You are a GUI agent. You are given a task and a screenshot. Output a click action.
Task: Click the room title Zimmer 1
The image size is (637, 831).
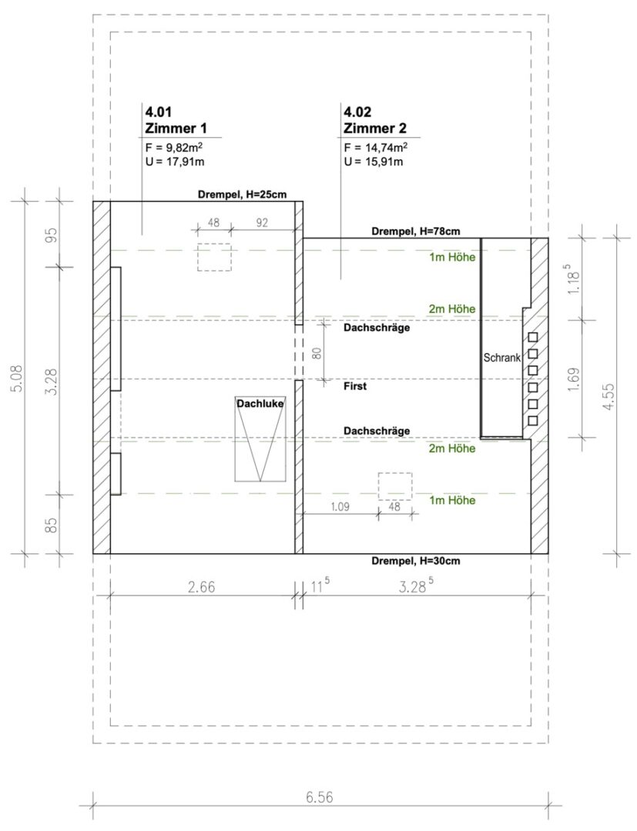[176, 128]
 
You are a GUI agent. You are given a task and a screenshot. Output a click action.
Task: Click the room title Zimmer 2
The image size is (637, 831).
[375, 128]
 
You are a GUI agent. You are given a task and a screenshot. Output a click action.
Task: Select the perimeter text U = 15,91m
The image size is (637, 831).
[373, 162]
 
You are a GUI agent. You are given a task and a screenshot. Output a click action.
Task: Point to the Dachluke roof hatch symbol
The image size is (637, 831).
[260, 439]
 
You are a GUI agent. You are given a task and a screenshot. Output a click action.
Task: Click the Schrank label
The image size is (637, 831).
[501, 358]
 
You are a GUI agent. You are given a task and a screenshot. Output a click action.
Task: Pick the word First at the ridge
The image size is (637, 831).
[355, 386]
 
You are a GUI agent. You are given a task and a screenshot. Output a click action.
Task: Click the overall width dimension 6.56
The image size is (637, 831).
[320, 797]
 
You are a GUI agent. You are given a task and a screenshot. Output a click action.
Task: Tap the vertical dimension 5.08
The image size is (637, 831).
[18, 378]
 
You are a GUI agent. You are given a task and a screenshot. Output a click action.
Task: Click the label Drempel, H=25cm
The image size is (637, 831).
[242, 195]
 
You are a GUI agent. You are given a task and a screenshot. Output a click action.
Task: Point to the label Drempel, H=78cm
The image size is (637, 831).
[416, 231]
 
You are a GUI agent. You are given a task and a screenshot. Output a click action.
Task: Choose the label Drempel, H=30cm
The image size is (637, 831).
[416, 561]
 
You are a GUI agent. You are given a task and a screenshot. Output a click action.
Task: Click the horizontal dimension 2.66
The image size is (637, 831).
[202, 587]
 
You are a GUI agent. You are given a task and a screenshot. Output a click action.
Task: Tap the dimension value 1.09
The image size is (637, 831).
[340, 506]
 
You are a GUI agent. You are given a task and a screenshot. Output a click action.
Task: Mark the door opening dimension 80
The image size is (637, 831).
[317, 353]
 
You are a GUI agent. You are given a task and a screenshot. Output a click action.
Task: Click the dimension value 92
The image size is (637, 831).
[262, 222]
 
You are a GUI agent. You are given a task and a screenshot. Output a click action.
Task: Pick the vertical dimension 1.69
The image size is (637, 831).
[575, 379]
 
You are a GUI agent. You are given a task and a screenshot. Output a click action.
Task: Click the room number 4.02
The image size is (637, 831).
[357, 112]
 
